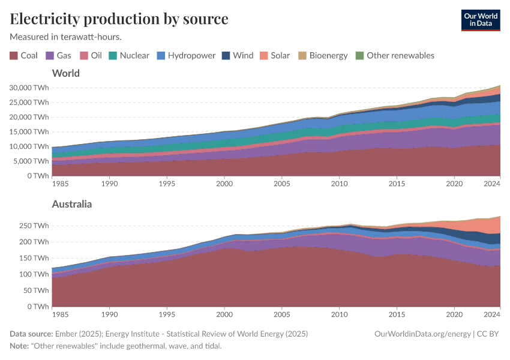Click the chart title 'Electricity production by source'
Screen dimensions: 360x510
119,19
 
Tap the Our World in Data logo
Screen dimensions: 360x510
480,20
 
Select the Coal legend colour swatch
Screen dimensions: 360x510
14,56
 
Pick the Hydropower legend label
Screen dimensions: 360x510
191,56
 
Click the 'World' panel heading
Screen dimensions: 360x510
66,73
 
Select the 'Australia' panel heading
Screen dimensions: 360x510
72,204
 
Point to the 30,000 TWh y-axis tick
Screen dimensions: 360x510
29,87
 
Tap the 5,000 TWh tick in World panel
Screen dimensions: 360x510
31,161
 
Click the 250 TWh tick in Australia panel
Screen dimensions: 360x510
34,226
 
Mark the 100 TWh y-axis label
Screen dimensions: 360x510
34,274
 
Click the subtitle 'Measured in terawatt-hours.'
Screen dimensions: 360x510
65,37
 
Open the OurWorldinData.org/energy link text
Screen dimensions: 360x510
422,334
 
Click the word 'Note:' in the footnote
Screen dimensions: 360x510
21,346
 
